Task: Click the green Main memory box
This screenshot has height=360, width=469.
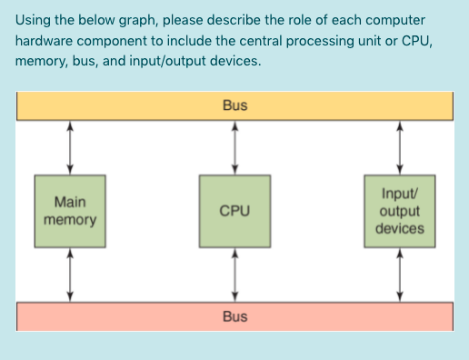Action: click(71, 210)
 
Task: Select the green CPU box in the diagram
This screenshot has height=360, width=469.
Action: click(234, 210)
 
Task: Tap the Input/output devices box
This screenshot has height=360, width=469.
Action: click(399, 210)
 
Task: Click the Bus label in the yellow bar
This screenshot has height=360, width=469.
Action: click(234, 105)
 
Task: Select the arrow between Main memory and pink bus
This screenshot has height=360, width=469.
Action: click(71, 273)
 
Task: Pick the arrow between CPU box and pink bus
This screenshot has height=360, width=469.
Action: click(235, 273)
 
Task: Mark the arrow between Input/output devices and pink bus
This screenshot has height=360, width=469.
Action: click(399, 273)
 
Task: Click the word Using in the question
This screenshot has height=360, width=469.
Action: click(35, 21)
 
